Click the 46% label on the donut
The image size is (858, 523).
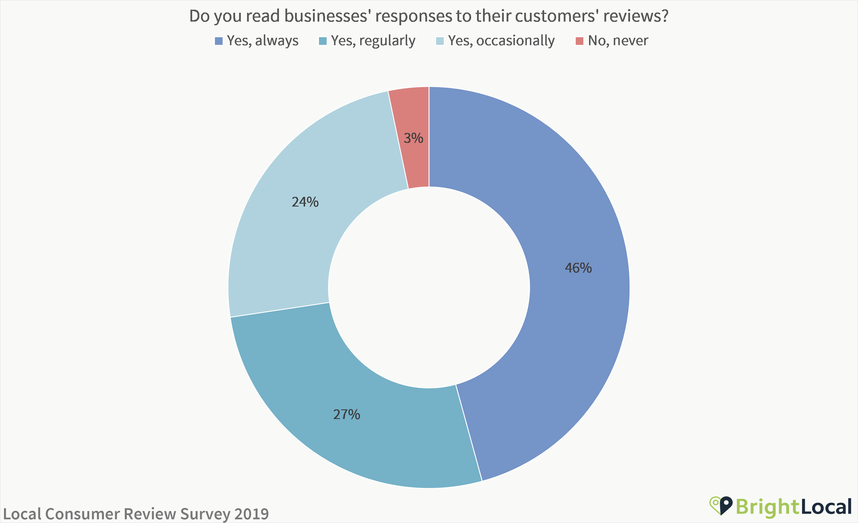pos(578,268)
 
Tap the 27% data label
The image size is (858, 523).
pos(347,414)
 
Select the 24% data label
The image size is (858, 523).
pos(305,202)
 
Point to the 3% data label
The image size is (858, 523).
pos(413,138)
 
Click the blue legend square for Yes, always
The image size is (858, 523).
pos(219,41)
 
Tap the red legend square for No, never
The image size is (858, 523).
pos(579,41)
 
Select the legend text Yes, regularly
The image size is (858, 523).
pos(373,41)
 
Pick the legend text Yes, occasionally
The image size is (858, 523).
pos(501,41)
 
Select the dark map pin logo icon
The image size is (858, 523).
pos(726,505)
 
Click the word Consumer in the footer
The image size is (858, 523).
pos(82,514)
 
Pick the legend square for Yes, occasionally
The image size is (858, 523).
pos(440,41)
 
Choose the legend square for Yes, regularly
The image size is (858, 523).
pos(323,41)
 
